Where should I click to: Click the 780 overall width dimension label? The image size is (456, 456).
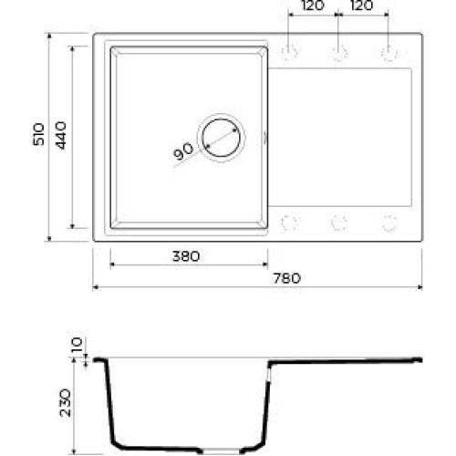(x=286, y=278)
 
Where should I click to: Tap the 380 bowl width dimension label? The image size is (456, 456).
(x=186, y=256)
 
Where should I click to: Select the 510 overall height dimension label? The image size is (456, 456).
(x=39, y=134)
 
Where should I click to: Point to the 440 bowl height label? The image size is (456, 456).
(x=61, y=135)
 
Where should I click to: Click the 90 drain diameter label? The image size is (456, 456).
(x=183, y=151)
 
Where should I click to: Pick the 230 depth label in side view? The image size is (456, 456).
(x=66, y=402)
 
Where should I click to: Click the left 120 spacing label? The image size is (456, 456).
(x=312, y=5)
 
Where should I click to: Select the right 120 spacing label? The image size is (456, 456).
(x=362, y=5)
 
